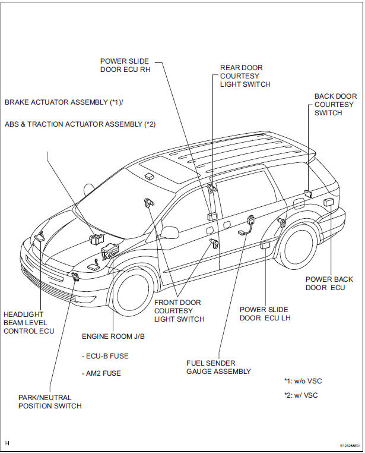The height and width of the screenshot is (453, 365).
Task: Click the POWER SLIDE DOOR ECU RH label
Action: (x=124, y=65)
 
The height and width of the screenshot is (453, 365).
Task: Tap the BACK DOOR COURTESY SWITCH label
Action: (x=335, y=104)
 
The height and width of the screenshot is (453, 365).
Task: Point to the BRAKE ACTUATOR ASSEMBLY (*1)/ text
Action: (x=64, y=102)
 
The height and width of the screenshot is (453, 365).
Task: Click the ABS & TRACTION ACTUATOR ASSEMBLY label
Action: (x=80, y=124)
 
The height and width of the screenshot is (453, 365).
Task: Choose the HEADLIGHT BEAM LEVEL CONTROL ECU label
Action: (x=28, y=323)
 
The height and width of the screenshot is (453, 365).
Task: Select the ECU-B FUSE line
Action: (x=105, y=356)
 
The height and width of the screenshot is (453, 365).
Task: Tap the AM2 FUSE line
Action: (x=101, y=373)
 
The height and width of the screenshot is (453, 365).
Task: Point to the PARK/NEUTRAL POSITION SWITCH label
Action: (x=49, y=402)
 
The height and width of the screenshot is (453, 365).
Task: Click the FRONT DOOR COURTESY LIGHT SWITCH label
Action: (x=179, y=311)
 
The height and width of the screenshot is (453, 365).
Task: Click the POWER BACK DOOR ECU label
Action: (x=325, y=283)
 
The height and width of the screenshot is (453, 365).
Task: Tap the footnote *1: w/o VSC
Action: (x=303, y=381)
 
